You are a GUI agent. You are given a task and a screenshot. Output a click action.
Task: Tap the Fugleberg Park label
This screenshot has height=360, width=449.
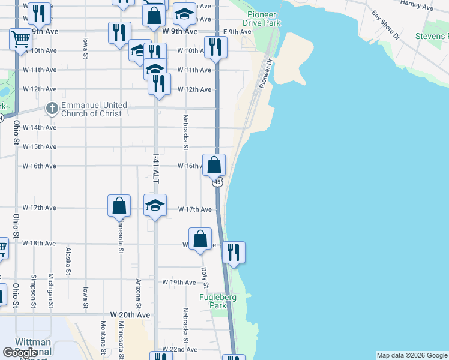coord(218,301)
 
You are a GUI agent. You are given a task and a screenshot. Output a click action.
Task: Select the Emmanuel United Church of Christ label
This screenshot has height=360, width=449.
coord(94,109)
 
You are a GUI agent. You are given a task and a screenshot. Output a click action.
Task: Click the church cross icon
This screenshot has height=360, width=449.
coord(52,109)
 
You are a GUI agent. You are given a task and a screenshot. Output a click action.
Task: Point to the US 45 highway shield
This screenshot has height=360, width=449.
coord(218,181)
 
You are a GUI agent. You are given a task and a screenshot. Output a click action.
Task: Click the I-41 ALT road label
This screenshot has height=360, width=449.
coord(156,169)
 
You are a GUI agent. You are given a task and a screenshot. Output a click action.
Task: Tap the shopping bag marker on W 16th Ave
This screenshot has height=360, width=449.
coord(214,164)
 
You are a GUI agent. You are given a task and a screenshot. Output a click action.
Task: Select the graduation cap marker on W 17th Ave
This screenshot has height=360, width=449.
coord(155,206)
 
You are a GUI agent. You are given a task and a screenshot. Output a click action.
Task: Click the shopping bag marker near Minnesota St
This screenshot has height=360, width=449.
coord(119,205)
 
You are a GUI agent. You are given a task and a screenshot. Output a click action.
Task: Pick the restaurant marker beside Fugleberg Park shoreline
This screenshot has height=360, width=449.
coord(234,251)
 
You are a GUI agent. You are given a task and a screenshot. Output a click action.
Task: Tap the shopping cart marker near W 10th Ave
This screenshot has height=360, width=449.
coord(20,40)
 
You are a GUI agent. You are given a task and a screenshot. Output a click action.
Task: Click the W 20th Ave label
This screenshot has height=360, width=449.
coord(130,315)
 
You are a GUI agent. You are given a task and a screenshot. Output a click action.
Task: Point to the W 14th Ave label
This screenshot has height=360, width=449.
coord(40,128)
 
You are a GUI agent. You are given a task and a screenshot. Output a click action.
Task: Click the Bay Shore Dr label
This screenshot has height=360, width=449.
coord(385,24)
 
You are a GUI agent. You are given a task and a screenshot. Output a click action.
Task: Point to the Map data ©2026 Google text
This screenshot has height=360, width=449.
coord(412,355)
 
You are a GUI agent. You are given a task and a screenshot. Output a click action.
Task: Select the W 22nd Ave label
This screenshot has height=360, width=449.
coord(182,350)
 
